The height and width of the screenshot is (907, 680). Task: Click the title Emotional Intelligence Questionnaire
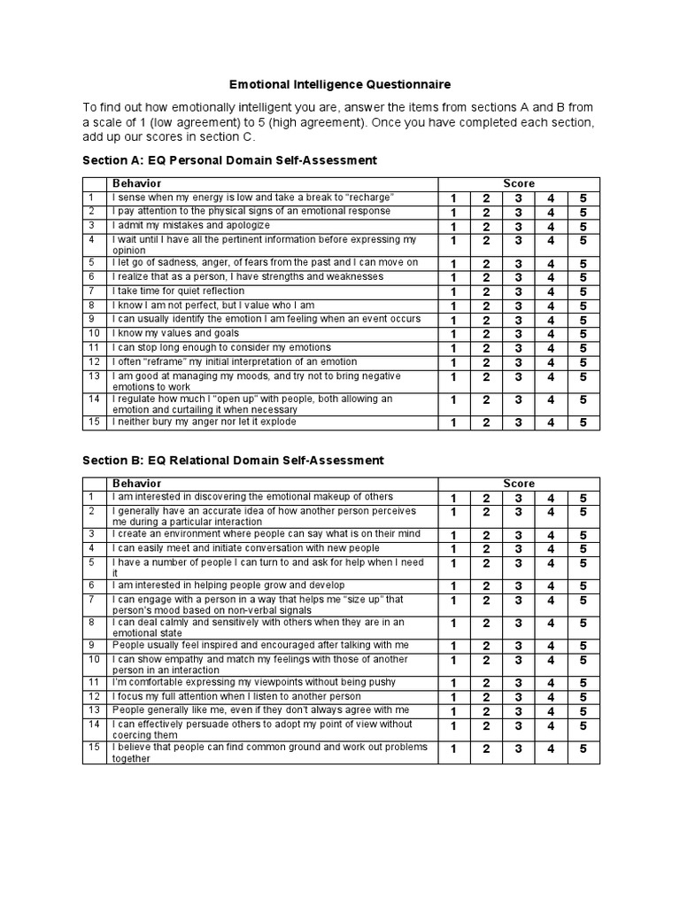[340, 84]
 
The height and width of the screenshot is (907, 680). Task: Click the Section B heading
[233, 460]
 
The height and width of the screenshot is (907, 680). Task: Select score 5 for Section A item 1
[583, 198]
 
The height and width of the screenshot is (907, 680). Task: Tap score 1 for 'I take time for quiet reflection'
[453, 291]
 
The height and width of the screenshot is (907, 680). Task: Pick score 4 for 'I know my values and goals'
[551, 334]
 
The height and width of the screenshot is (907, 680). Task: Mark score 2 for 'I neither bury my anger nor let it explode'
[485, 422]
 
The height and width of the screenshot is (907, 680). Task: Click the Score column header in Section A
[519, 183]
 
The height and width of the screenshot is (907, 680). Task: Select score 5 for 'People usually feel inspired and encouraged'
[583, 646]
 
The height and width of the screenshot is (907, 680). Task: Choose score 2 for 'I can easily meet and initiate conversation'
[485, 549]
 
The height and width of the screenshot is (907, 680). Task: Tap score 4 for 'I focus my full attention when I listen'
[551, 698]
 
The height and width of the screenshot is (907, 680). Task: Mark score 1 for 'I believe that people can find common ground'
[453, 748]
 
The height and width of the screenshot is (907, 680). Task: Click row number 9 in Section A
[91, 319]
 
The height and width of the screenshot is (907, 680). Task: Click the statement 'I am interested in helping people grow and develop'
[228, 585]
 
